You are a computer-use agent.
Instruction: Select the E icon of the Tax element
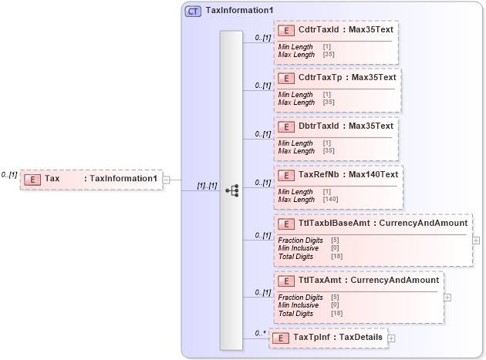point(32,179)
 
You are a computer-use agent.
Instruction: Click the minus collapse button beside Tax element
point(167,179)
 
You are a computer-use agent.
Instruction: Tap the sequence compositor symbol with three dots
point(231,190)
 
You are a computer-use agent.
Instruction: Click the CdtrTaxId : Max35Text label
point(346,29)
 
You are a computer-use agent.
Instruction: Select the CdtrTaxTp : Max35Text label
point(347,77)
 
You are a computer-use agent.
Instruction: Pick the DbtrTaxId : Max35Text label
point(346,126)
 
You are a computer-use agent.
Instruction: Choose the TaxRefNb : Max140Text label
point(348,174)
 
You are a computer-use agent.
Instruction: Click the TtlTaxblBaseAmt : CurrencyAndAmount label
point(383,224)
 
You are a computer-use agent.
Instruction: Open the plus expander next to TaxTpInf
point(391,338)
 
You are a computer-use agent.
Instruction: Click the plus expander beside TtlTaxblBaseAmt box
point(476,240)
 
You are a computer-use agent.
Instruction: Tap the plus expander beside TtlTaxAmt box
point(447,297)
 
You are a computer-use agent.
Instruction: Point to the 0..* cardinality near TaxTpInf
point(260,333)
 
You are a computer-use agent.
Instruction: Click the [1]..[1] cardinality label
point(207,186)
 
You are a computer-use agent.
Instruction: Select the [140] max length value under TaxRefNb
point(331,200)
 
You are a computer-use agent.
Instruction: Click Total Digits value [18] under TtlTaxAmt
point(337,314)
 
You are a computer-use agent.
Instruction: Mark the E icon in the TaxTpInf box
point(282,338)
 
